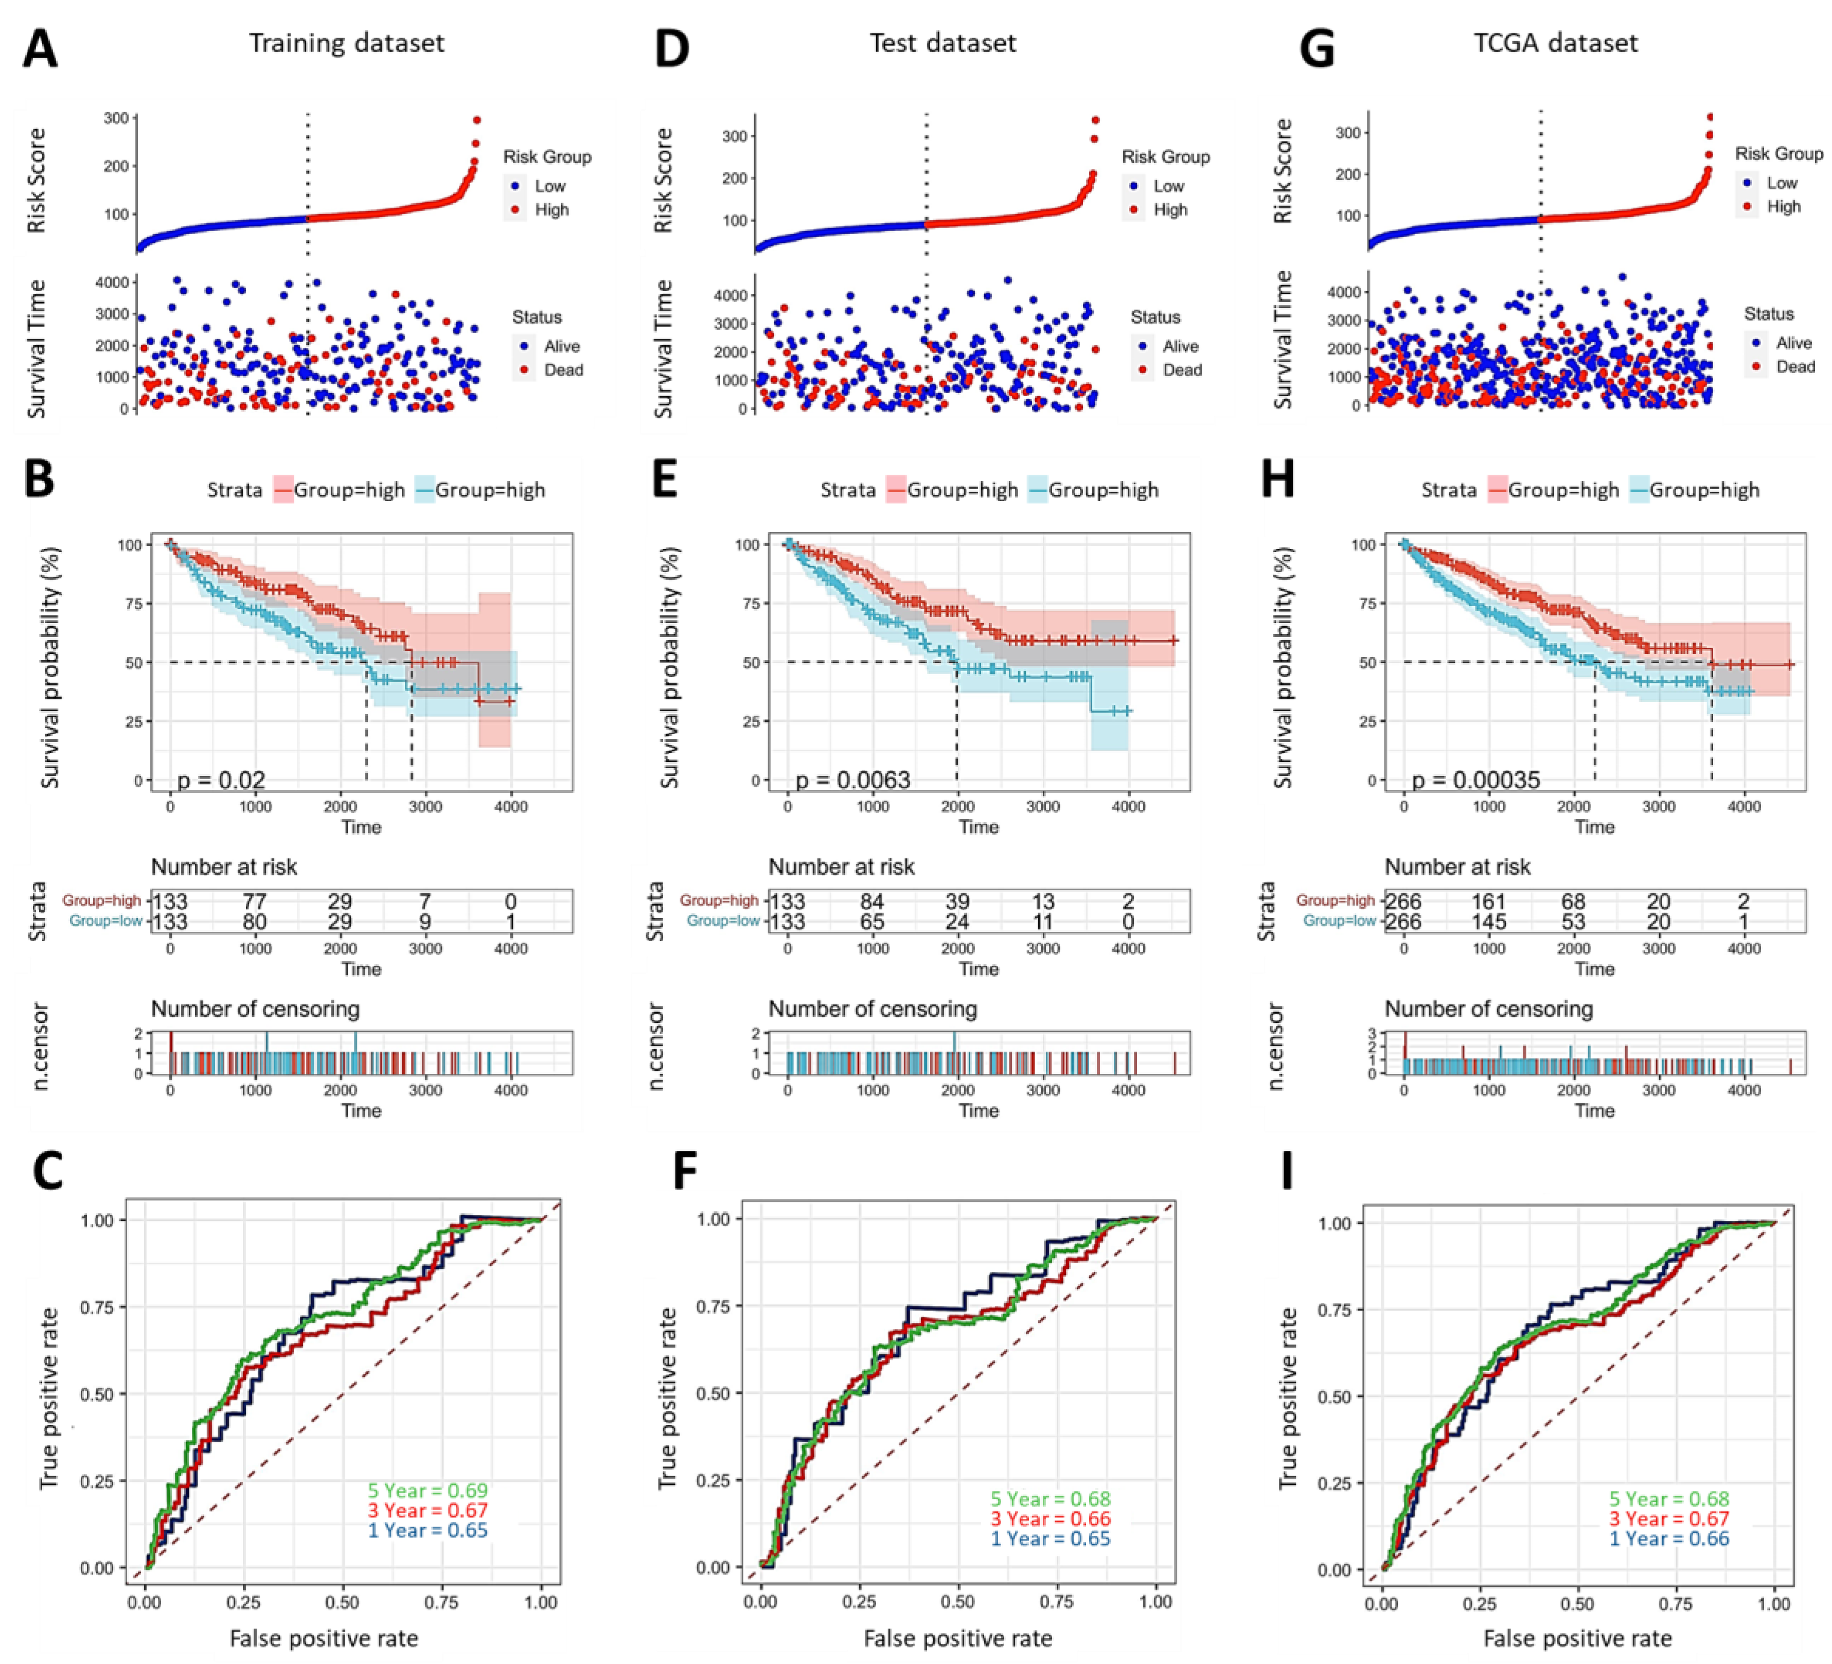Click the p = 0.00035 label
point(1476,780)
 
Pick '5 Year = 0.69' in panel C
point(428,1491)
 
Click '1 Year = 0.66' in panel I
point(1669,1538)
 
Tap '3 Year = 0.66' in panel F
point(1051,1518)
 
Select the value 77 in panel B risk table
point(255,901)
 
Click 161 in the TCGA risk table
point(1488,901)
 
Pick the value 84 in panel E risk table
point(873,901)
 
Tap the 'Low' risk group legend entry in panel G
point(1781,183)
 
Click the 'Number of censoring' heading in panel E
point(873,1009)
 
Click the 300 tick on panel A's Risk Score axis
point(115,118)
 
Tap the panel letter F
point(685,1172)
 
